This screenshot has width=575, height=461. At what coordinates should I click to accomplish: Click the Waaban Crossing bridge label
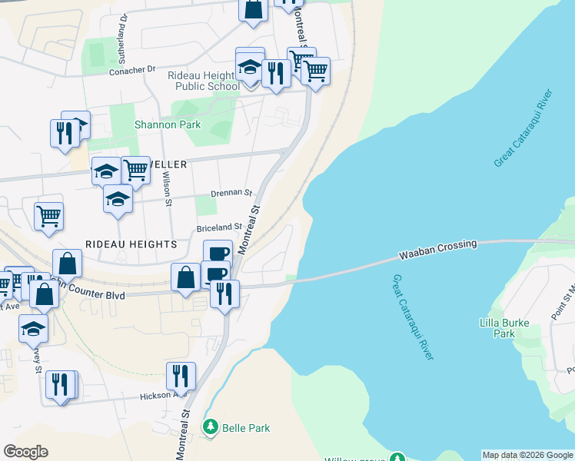point(437,250)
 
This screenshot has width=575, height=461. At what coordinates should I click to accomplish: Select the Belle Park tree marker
point(210,426)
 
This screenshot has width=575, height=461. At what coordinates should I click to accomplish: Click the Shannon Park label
point(167,124)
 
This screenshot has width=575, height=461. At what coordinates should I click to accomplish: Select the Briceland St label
point(219,227)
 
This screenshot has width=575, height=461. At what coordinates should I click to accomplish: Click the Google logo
point(25,452)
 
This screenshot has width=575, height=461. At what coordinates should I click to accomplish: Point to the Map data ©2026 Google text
point(527,455)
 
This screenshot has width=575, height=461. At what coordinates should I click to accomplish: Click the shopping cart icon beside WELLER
point(135,170)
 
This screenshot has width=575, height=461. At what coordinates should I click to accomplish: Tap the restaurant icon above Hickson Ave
point(181,376)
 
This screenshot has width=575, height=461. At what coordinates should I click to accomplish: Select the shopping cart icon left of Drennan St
point(48,216)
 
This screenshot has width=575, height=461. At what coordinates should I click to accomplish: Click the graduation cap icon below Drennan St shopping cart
point(118,199)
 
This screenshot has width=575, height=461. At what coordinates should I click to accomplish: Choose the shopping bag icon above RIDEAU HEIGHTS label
point(67,264)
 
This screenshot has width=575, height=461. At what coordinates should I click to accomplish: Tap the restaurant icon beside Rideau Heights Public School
point(274,73)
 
